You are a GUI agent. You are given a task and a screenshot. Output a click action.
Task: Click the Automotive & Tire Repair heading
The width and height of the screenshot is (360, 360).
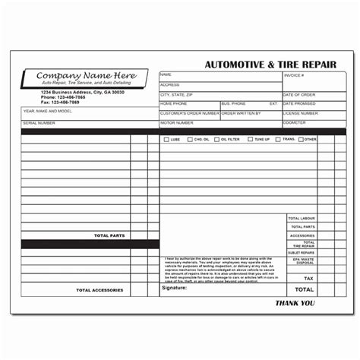pos(270,65)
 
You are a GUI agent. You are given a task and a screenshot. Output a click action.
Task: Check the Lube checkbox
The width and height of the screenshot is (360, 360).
pos(166,140)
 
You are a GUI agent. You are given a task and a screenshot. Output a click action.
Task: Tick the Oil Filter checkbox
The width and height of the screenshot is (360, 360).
pos(216,140)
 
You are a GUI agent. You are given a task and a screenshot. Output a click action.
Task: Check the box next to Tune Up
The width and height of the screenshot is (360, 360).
pos(248,140)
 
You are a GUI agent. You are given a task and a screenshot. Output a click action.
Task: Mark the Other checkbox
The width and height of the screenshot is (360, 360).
pos(302,140)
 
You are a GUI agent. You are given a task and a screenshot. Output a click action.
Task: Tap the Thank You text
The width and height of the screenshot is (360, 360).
pos(295,303)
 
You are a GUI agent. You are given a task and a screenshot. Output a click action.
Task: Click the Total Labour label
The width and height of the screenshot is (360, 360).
pos(302,218)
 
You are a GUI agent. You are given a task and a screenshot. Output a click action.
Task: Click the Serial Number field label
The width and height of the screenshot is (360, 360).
pos(39,122)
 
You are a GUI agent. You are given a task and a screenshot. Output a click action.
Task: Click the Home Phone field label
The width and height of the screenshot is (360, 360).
pos(172,103)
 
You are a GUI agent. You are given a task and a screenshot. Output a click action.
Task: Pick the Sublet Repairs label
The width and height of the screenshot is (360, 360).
pos(302,252)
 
